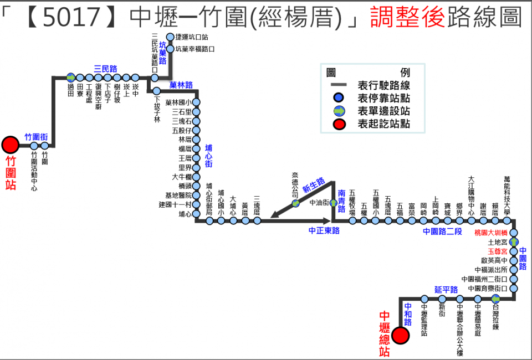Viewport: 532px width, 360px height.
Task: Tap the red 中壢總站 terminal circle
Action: [x=401, y=335]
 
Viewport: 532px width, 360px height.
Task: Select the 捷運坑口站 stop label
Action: [x=191, y=38]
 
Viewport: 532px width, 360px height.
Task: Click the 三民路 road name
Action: [x=105, y=69]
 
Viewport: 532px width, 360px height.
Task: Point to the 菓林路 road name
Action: [x=181, y=85]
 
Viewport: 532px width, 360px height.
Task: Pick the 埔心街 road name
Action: [x=208, y=156]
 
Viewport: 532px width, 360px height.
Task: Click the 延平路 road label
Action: [x=446, y=290]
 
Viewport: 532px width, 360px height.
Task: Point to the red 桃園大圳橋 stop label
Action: [x=491, y=233]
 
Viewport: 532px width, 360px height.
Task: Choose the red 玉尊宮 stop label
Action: [x=497, y=251]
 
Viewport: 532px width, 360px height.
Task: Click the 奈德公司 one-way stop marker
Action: [x=296, y=203]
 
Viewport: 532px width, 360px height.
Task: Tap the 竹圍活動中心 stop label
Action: [x=34, y=172]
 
